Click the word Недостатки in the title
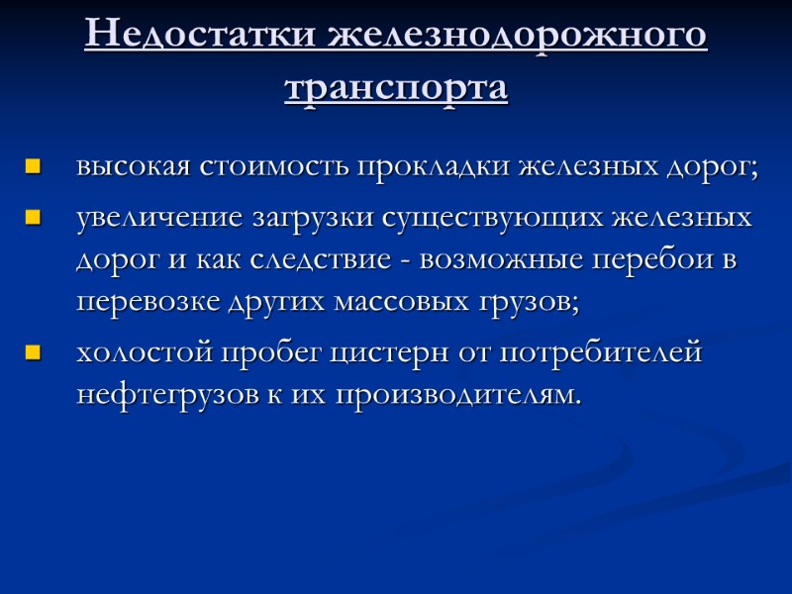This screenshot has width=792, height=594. tap(199, 37)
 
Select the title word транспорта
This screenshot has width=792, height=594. tap(396, 88)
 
